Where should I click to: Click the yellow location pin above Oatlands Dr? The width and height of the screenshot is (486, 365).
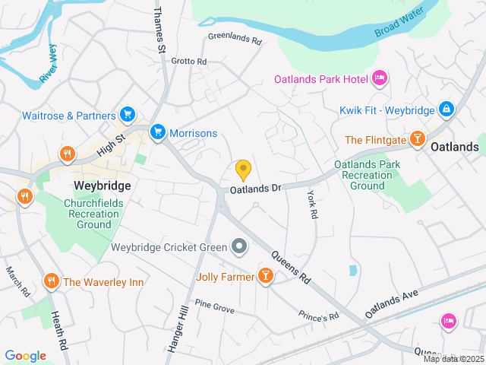click(243, 170)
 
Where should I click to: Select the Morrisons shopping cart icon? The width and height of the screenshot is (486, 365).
click(158, 132)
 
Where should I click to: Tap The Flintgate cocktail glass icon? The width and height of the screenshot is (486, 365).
click(417, 139)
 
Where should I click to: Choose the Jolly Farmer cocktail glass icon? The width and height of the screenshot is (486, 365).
click(266, 275)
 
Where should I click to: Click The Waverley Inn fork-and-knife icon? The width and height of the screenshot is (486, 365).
click(52, 281)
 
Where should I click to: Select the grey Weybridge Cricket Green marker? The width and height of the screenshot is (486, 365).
click(239, 246)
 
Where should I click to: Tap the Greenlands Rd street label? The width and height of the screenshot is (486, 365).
click(234, 35)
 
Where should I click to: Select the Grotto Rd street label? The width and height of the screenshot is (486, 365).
click(188, 61)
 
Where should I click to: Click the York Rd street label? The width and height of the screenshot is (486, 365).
click(311, 205)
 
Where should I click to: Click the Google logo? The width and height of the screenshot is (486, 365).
click(25, 356)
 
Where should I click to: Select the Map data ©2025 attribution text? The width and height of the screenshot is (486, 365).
click(453, 359)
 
